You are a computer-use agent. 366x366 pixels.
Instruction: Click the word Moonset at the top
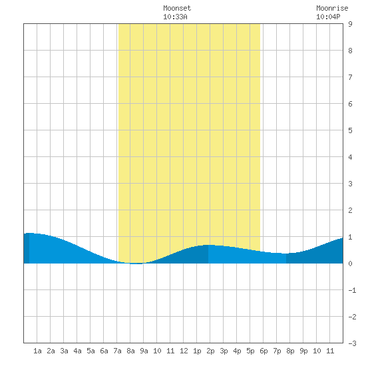177,8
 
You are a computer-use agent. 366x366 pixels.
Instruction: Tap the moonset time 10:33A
175,17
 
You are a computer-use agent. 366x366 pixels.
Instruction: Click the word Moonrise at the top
332,8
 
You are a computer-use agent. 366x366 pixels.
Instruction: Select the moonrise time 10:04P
328,17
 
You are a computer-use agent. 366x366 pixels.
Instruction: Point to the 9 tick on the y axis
350,24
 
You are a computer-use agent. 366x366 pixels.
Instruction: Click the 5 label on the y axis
350,130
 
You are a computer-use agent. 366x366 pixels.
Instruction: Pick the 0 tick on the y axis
350,264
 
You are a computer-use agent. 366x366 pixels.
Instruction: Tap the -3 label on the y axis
352,343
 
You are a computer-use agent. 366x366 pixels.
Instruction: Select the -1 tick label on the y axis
352,290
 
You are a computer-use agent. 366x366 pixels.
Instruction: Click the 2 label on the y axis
350,210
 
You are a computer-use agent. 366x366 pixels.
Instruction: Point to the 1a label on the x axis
37,351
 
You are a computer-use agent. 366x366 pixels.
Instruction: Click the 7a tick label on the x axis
117,351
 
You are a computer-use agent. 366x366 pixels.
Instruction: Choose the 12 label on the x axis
184,351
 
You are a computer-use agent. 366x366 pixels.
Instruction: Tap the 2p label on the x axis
210,351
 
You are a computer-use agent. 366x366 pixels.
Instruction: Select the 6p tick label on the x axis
264,351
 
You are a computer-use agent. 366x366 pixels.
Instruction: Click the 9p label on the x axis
303,351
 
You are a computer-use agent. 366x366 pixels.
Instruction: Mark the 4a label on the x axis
77,351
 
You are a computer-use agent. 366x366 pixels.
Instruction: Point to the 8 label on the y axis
350,51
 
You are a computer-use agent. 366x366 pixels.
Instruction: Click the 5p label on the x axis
250,351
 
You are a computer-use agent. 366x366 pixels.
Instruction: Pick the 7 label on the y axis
350,77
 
